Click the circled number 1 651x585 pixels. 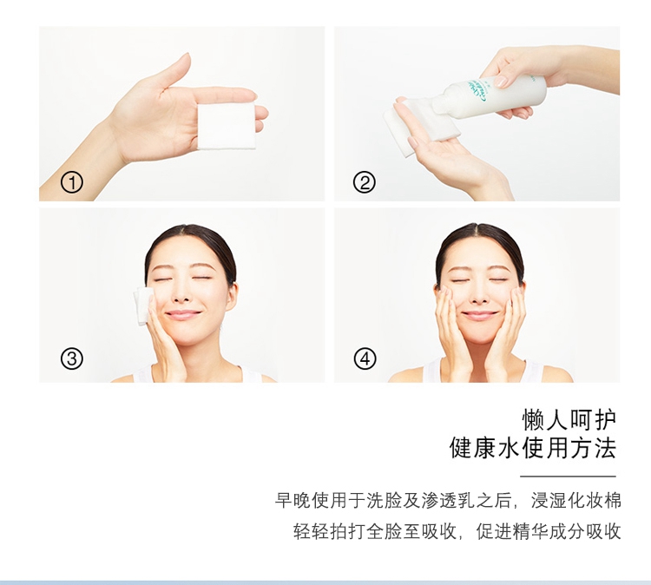pos(72,182)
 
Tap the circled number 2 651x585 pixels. pos(364,182)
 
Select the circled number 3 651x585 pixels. pos(72,358)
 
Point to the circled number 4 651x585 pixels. pos(365,358)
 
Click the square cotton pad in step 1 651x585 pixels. pos(227,126)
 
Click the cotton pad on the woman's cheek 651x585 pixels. pos(143,306)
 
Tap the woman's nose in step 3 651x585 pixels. pos(181,296)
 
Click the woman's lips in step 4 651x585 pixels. pos(479,316)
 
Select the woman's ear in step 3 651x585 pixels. pos(232,296)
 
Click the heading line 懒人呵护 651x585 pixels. pos(569,420)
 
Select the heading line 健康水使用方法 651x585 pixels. pos(533,448)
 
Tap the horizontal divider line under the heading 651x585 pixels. pos(568,477)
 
